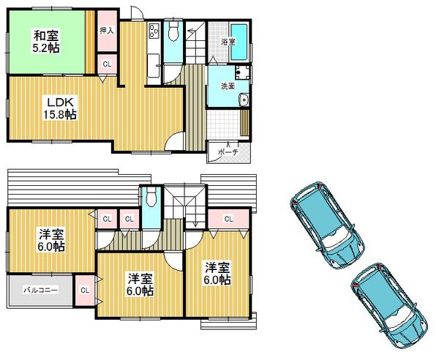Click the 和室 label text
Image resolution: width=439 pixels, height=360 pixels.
click(45, 34)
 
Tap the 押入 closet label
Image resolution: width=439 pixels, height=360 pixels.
click(107, 31)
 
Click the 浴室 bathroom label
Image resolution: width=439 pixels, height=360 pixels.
click(228, 42)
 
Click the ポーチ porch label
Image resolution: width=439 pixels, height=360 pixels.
click(229, 152)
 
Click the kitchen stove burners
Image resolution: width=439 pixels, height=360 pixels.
click(154, 31)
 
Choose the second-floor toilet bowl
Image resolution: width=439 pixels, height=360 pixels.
click(151, 198)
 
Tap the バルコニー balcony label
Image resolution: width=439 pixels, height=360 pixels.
click(40, 290)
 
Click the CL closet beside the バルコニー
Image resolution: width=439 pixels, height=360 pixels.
click(84, 289)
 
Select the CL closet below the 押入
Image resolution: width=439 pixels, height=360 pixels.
click(107, 65)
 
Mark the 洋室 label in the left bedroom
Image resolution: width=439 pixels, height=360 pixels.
click(51, 233)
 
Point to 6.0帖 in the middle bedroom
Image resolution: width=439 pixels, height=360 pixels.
click(140, 291)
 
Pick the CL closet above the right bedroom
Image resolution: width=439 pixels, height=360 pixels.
click(228, 219)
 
